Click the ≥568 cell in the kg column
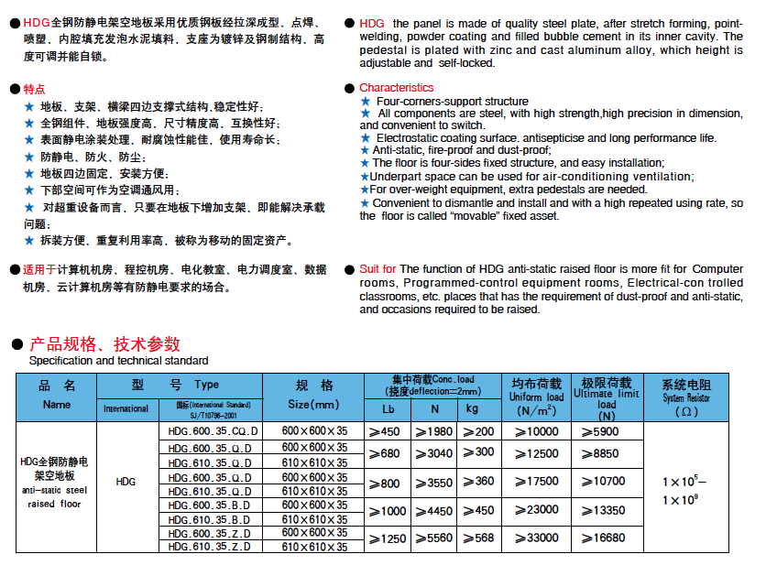tap(477, 538)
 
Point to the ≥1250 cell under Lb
tap(388, 538)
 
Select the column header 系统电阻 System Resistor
tap(686, 397)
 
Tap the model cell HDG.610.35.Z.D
tap(212, 547)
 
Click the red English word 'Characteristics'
tap(396, 88)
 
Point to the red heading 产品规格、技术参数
tap(105, 344)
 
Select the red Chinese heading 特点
tap(33, 89)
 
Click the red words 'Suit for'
tap(378, 269)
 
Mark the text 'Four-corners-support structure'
tap(452, 102)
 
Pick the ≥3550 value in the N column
tap(434, 482)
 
